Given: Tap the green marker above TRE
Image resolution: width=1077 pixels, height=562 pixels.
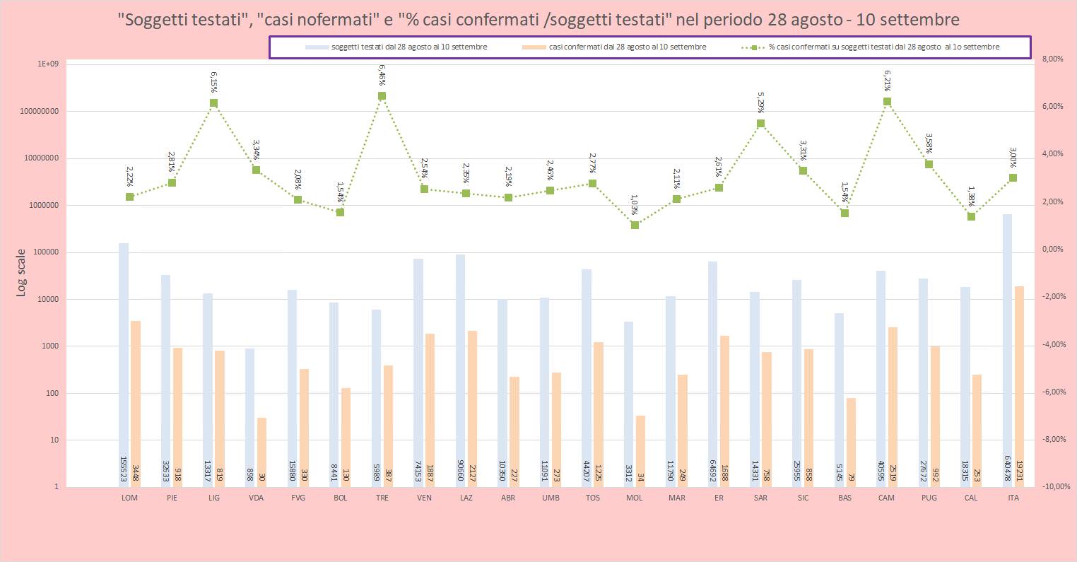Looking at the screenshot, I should click(382, 96).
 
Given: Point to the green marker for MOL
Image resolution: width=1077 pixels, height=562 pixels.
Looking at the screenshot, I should click(635, 225).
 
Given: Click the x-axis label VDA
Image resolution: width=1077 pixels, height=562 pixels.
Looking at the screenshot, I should click(256, 498).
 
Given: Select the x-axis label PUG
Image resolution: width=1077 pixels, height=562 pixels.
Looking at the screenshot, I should click(929, 498).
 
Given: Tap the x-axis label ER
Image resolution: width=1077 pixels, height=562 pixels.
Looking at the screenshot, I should click(719, 498).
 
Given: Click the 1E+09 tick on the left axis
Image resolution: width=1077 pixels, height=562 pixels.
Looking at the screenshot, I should click(48, 64).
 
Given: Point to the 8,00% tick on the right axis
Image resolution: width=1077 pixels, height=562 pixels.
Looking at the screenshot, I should click(1052, 59).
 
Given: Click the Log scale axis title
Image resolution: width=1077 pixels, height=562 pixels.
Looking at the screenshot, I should click(21, 272).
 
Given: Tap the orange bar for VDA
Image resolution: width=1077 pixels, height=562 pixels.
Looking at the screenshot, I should click(261, 452).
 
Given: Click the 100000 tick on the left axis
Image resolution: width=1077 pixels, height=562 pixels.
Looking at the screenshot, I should click(43, 252).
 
